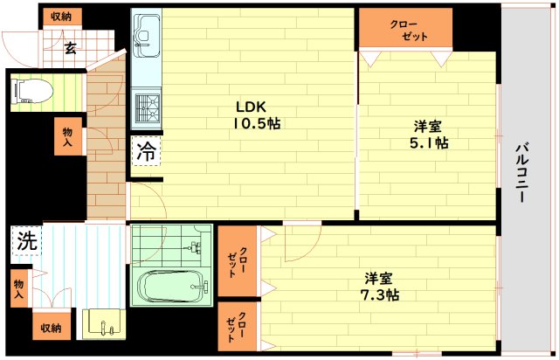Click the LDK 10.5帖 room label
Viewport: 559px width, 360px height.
(x=256, y=115)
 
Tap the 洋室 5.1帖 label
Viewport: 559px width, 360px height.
(x=429, y=133)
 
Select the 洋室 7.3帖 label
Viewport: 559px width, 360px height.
(x=377, y=287)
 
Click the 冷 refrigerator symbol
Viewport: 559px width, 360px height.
(x=146, y=150)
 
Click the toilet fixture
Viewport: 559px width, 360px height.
(x=31, y=89)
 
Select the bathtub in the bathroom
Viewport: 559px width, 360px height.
(x=171, y=285)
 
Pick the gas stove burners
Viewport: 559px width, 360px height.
(x=145, y=109)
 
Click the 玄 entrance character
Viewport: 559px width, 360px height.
(x=70, y=48)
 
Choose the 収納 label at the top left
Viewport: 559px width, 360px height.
(x=60, y=16)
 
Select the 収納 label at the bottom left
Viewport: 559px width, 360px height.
(x=51, y=329)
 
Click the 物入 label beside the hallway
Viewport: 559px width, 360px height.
(x=67, y=138)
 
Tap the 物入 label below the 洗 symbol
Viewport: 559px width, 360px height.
(x=18, y=290)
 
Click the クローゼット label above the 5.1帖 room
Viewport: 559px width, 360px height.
(x=404, y=30)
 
